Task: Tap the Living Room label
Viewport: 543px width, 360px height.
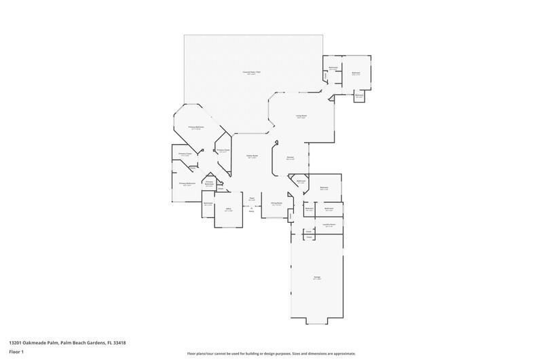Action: point(301,117)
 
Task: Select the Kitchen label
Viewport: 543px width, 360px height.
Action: point(290,158)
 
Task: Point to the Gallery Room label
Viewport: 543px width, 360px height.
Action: point(252,156)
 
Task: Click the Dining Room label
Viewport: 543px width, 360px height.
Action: point(276,204)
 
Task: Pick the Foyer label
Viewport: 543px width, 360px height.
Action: point(251,199)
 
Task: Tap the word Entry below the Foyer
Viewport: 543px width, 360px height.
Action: point(251,211)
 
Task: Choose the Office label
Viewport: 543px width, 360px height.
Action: point(229,210)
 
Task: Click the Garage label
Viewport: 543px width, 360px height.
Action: point(317,278)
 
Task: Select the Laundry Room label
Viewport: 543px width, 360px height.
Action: point(329,225)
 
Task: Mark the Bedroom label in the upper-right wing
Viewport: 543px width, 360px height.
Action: point(356,73)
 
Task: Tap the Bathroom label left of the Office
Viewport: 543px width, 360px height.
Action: point(208,204)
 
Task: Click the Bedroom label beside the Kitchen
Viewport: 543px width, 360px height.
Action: point(324,188)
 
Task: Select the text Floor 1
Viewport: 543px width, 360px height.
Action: point(16,353)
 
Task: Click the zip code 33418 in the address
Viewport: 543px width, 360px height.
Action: point(119,343)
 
